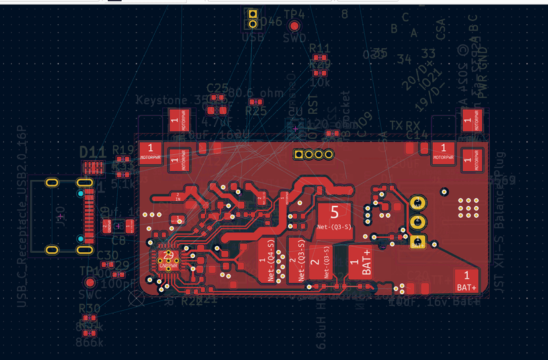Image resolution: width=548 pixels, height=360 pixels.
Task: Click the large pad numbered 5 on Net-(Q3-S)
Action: pos(334,217)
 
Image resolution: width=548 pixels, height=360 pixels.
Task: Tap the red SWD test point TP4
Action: pos(295,26)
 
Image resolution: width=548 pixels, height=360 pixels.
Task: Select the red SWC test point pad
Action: pos(90,282)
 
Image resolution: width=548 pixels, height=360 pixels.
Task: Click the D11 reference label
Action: pos(93,152)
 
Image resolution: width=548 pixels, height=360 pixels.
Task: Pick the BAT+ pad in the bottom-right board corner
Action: pos(466,280)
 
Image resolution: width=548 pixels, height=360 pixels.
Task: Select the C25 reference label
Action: pos(217,88)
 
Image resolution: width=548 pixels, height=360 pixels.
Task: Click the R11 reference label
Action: pos(320,48)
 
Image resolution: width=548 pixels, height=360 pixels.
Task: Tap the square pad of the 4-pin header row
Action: pos(299,155)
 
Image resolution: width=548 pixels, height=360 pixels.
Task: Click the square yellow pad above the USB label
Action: pos(252,14)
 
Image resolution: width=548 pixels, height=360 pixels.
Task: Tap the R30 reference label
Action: pos(89,308)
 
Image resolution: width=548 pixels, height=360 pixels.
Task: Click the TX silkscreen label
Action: pos(396,126)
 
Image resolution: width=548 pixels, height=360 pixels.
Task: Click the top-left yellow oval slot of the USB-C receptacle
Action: pos(51,182)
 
